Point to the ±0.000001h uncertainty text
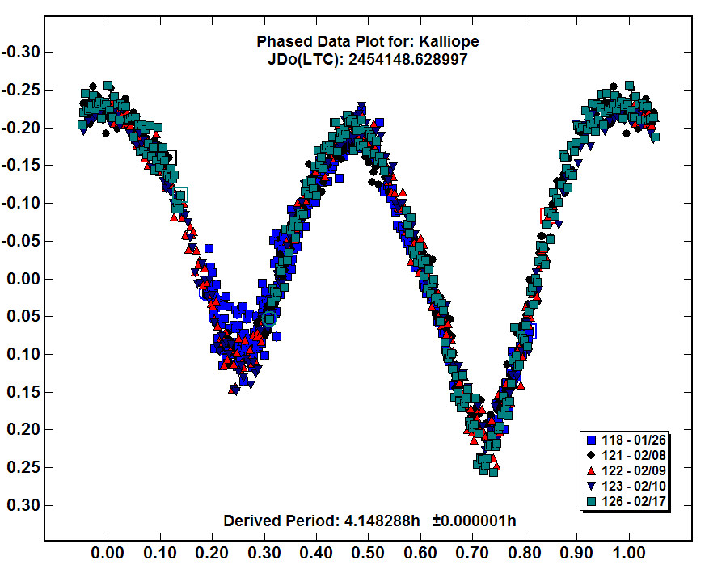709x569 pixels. [474, 520]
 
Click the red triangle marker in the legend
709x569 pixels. [591, 471]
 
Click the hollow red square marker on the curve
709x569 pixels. [547, 216]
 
